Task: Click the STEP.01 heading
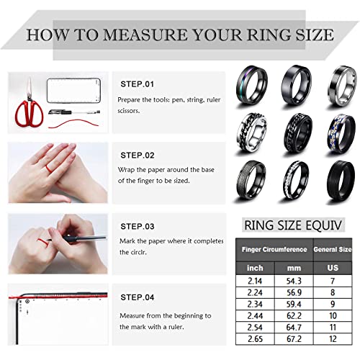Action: pos(137,84)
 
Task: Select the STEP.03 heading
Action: pos(138,226)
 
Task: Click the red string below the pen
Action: pos(73,123)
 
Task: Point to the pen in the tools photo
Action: pos(74,112)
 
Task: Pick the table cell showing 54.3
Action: pos(294,281)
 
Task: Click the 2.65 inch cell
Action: pos(255,339)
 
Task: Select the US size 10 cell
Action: pos(333,315)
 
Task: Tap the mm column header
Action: pos(294,268)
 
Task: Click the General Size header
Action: pos(333,250)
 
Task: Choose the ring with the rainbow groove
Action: pos(252,86)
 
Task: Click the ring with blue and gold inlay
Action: pos(342,135)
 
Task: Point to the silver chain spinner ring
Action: pos(251,132)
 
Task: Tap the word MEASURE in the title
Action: pos(145,35)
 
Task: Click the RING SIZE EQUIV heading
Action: pos(293,225)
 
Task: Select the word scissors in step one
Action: pos(128,111)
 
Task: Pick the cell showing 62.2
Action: pos(294,315)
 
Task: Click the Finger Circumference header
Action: pos(274,250)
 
